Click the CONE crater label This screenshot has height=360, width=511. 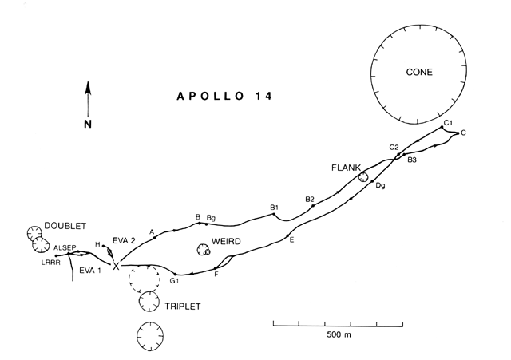[419, 72]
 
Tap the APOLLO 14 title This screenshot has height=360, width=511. [224, 96]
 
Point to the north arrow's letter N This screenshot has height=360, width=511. [88, 124]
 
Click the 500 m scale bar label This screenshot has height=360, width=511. [339, 334]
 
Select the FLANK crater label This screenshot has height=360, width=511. [346, 168]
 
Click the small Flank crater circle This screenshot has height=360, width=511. [363, 177]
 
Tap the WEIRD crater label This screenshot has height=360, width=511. [226, 241]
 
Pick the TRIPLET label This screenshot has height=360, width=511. [183, 307]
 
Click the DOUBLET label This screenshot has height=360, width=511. [65, 226]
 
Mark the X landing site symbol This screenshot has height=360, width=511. [116, 266]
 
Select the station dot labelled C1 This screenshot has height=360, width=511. [442, 127]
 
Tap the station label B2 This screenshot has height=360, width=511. [310, 200]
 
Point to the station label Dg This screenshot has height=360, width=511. [380, 186]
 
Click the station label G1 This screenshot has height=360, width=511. [174, 281]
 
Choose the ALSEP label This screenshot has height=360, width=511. [65, 248]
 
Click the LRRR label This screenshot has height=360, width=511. [51, 263]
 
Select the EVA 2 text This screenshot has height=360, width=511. [124, 241]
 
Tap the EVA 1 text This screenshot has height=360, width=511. [90, 271]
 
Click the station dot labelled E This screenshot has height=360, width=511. [287, 235]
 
